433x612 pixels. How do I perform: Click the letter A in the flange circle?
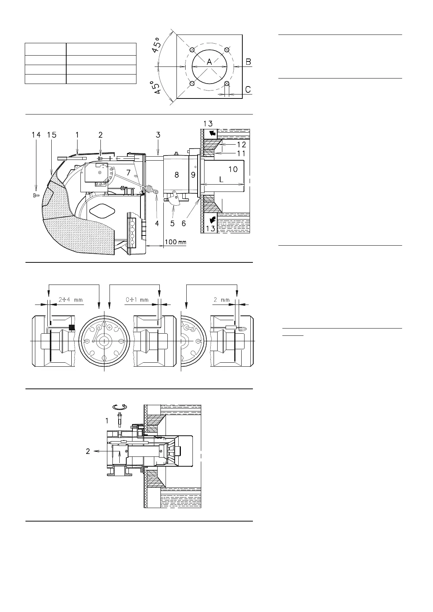[209, 62]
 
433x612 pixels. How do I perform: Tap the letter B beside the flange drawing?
[248, 62]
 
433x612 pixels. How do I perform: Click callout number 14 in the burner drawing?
[36, 135]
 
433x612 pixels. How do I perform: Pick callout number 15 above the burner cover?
[52, 135]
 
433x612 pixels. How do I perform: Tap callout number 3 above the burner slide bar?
[158, 135]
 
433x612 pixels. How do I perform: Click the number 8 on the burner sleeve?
[177, 175]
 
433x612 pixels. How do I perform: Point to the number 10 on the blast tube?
[233, 169]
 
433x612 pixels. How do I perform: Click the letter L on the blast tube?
[221, 180]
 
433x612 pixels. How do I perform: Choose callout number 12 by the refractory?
[241, 144]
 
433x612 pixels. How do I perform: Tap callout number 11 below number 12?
[241, 153]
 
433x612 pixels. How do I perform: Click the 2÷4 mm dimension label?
[71, 300]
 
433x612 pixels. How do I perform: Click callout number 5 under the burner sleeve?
[172, 224]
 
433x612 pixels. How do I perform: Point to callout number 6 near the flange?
[184, 224]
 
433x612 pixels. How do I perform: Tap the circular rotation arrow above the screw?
[119, 407]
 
